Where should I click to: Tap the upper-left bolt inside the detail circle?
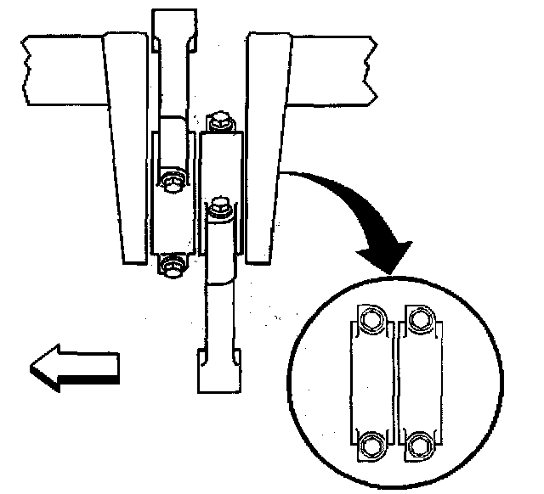coord(371,320)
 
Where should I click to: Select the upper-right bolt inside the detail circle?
coord(418,319)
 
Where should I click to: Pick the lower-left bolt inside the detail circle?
coord(371,444)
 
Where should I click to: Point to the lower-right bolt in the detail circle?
coord(418,444)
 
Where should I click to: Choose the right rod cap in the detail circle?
coord(417,382)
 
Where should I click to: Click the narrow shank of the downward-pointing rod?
coord(219,314)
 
